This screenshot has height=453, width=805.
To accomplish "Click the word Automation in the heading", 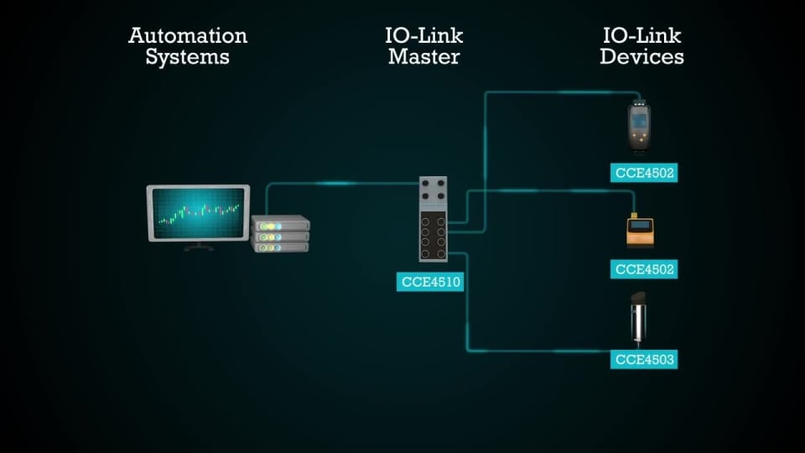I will point(188,36).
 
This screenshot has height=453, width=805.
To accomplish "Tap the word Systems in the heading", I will point(188,58).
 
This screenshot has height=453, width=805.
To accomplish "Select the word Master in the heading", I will point(423,58).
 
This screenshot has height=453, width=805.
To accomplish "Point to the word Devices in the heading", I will point(641,58).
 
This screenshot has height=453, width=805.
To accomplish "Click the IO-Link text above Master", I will point(423,36).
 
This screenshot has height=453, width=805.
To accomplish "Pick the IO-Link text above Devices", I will point(641,36).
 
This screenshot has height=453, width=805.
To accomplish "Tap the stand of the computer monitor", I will point(199,246).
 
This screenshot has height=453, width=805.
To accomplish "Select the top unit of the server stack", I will point(281,224).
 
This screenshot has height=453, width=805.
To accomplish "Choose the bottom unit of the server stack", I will point(281,247).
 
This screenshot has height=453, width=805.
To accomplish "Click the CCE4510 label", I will point(429,282).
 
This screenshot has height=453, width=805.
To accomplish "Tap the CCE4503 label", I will point(643,359).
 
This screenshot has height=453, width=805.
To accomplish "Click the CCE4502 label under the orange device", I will point(643,269).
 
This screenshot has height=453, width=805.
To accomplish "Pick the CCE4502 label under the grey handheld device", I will point(643,174).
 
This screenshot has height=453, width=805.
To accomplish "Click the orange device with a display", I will point(641,232).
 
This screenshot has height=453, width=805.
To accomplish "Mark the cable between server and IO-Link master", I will point(344,184).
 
